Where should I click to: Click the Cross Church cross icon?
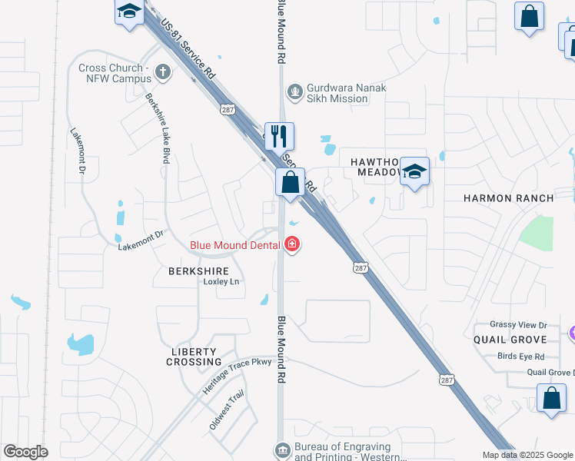162,72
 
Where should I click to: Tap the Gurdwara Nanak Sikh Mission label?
337,93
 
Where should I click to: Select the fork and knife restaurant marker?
278,136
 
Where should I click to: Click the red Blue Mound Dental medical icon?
291,245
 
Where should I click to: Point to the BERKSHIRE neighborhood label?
198,271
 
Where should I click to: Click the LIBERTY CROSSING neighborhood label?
196,356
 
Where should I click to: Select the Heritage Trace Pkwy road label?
238,376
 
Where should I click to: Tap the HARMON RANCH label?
508,198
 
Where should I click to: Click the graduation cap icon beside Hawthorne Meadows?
414,172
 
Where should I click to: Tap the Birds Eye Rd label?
520,356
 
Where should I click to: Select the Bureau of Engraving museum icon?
282,449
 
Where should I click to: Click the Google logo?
25,452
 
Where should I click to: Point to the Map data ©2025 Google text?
527,455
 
